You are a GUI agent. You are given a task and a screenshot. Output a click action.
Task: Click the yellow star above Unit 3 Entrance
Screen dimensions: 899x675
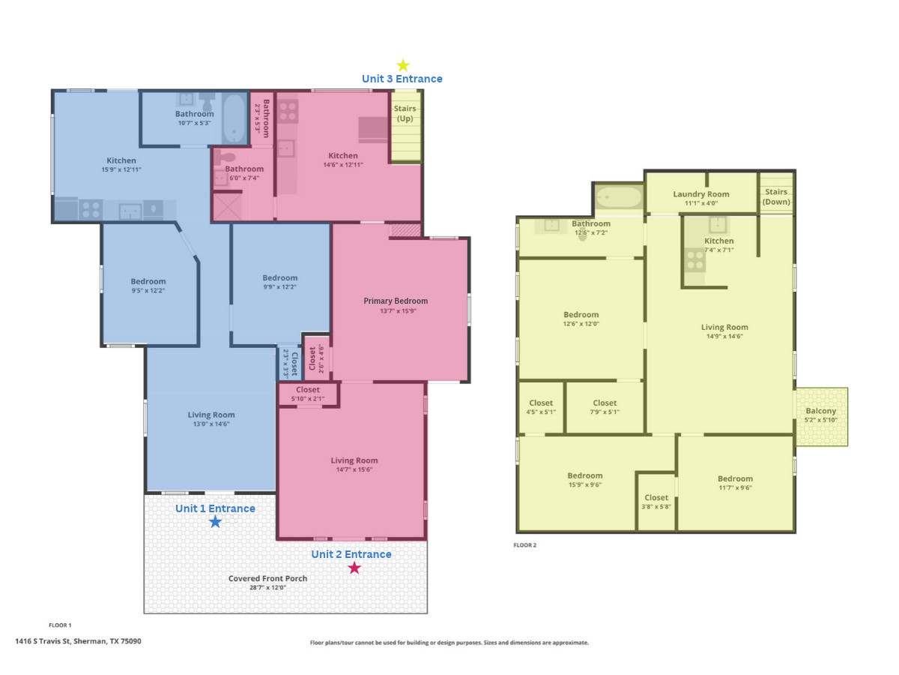point(403,64)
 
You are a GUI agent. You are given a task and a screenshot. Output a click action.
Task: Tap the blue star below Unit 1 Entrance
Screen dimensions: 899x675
point(215,522)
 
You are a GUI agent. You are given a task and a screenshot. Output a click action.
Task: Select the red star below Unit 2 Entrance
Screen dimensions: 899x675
point(354,568)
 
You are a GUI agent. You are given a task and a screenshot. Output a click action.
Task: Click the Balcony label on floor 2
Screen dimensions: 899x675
point(820,411)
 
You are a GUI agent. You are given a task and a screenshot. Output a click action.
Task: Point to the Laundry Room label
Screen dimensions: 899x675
point(700,193)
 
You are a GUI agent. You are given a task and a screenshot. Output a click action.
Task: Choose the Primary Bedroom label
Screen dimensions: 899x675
point(396,301)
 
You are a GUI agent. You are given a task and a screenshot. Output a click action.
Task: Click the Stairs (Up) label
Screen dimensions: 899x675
point(405,113)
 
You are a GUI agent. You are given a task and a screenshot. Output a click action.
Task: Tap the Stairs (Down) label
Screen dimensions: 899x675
point(775,196)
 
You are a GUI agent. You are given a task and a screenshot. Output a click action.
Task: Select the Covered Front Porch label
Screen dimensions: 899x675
point(267,578)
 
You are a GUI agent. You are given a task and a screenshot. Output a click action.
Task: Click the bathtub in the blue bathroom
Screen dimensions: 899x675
point(234,118)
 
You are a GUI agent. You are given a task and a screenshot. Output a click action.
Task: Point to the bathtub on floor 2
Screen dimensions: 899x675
point(619,197)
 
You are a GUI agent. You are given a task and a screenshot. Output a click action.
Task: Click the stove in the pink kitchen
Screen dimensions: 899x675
point(288,111)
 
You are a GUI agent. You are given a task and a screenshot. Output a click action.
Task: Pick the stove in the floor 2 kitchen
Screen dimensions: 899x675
point(694,259)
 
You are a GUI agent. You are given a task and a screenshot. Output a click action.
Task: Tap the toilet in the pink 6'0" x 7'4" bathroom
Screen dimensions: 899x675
point(225,157)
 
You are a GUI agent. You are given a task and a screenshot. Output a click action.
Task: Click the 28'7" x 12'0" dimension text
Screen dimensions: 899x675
point(267,587)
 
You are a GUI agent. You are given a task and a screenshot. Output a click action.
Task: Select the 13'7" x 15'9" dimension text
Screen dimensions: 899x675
point(398,310)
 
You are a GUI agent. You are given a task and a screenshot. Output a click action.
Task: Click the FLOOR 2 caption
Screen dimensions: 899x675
point(524,545)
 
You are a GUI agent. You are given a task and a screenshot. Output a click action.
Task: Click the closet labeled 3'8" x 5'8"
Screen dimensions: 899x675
point(656,502)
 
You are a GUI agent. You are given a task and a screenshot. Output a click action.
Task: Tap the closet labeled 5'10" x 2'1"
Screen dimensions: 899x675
point(308,394)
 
